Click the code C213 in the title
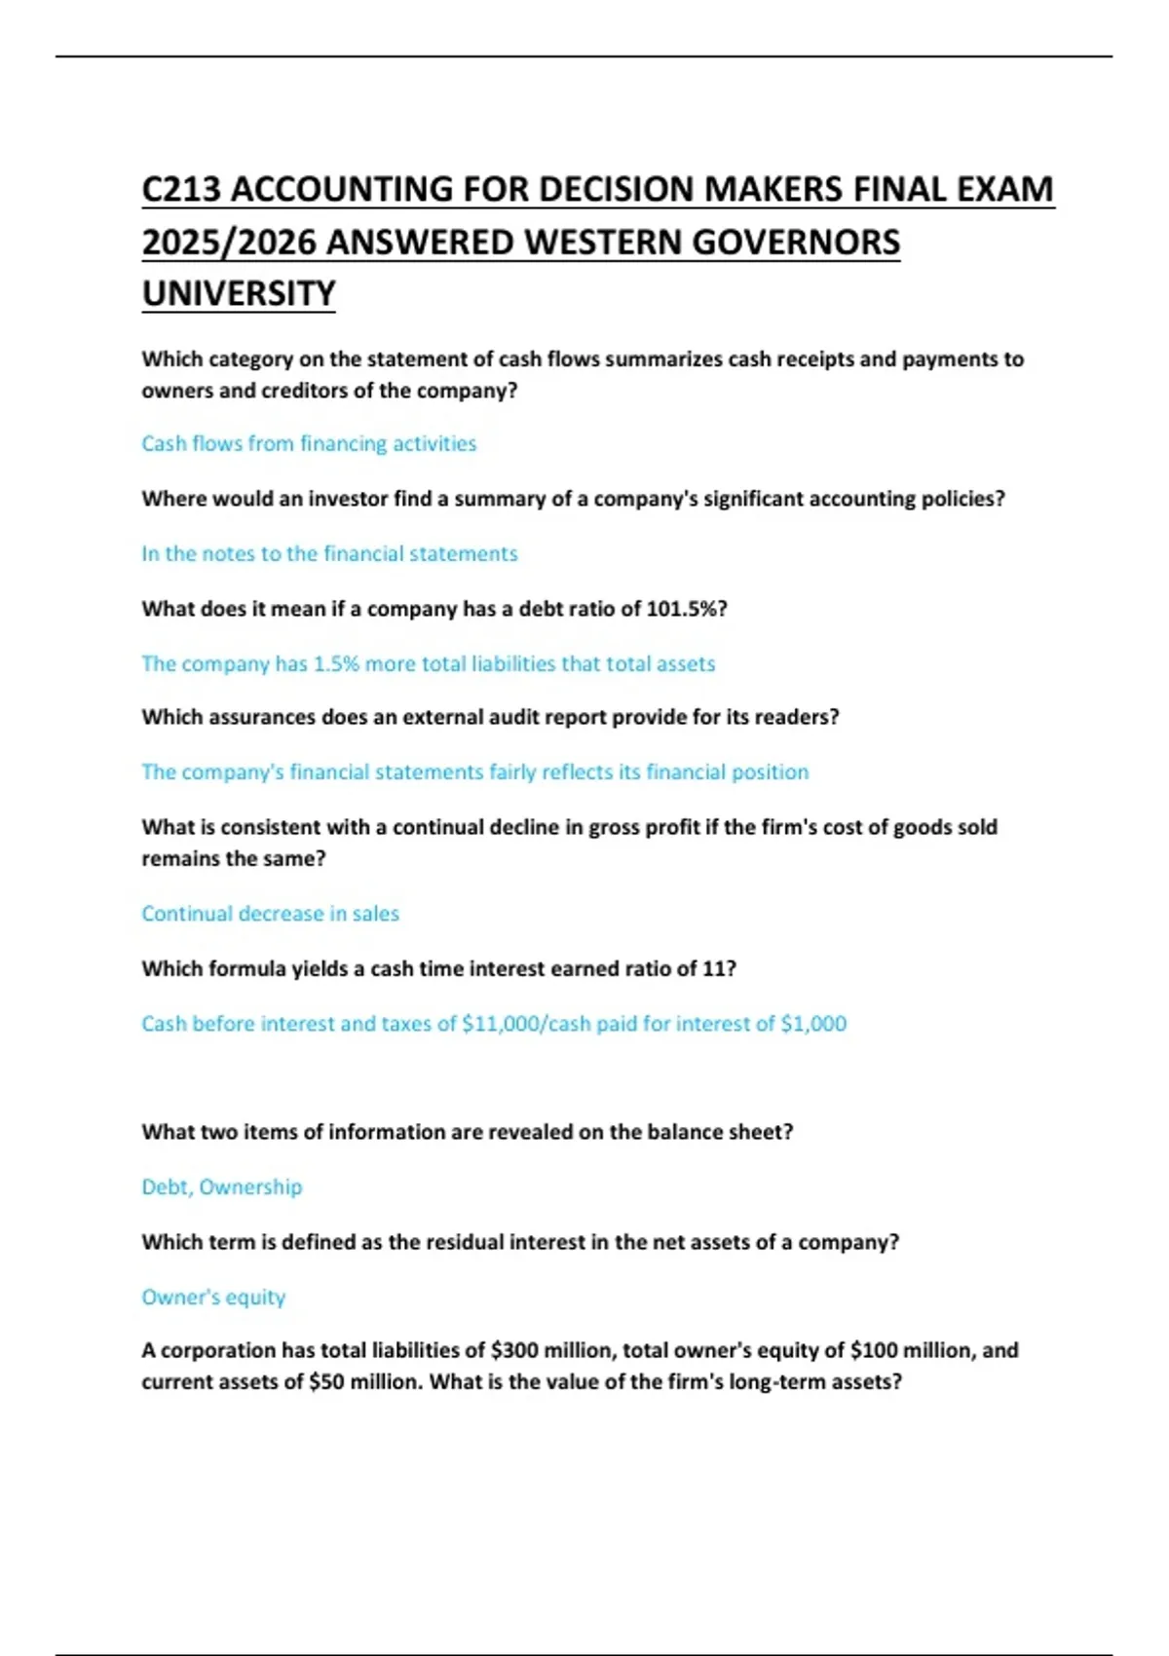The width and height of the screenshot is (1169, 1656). pyautogui.click(x=182, y=189)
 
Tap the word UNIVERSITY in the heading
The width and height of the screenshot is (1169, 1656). pyautogui.click(x=239, y=293)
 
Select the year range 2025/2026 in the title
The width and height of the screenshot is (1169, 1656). pyautogui.click(x=229, y=242)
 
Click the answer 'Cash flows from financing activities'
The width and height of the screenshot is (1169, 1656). pyautogui.click(x=309, y=443)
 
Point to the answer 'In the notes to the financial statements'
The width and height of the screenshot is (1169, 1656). pyautogui.click(x=329, y=553)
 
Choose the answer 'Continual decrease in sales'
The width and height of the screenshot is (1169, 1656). pyautogui.click(x=270, y=914)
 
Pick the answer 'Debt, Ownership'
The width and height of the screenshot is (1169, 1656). pyautogui.click(x=222, y=1186)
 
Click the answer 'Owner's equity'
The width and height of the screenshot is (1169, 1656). pyautogui.click(x=213, y=1298)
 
